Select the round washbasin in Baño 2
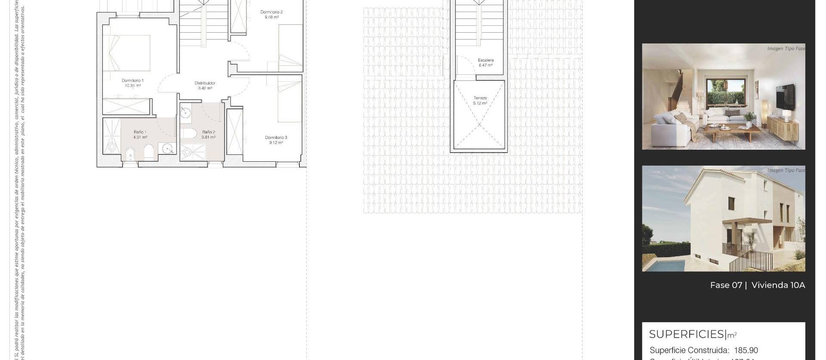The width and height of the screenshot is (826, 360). pos(185,113)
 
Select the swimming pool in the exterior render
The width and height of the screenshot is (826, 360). pos(665,265)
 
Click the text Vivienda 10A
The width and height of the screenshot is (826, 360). pos(778,285)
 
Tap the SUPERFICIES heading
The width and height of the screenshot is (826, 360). pos(687,334)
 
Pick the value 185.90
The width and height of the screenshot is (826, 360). pos(746,350)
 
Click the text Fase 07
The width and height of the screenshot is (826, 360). pos(726,285)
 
